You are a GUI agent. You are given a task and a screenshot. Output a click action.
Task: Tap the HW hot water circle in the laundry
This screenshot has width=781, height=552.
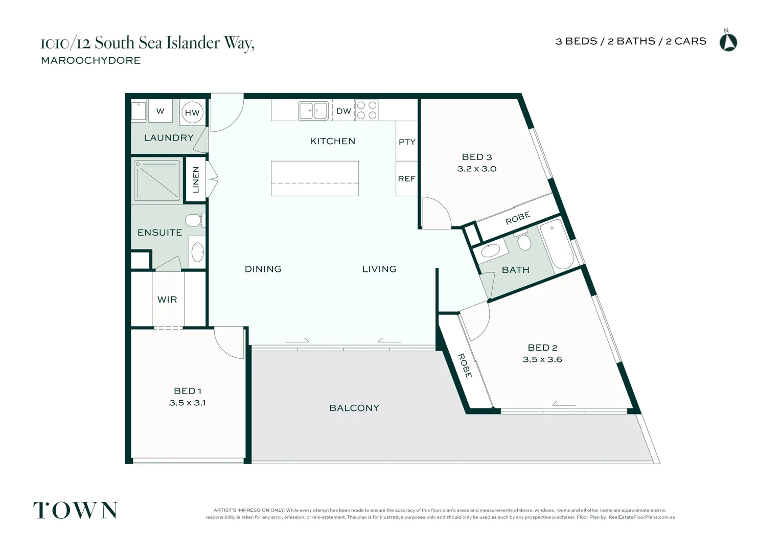coord(192,112)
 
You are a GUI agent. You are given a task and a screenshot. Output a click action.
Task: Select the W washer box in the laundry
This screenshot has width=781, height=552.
coord(160,111)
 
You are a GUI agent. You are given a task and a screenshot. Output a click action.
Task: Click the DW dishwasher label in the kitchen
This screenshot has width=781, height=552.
coord(343,111)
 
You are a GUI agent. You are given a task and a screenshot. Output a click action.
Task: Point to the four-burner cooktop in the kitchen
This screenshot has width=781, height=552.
coord(366,110)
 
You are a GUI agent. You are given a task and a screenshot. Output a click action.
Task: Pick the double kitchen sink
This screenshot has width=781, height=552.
coord(313,110)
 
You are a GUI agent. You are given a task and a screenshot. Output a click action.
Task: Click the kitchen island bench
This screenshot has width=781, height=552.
coord(315,178)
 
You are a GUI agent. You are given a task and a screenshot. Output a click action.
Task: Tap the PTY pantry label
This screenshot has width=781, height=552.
coord(407,142)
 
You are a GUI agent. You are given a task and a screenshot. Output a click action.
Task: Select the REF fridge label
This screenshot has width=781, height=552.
coord(406,178)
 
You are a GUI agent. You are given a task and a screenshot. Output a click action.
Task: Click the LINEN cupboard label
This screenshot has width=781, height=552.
coord(196,179)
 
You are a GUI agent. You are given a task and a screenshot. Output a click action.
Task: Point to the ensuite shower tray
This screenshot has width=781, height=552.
coord(157,180)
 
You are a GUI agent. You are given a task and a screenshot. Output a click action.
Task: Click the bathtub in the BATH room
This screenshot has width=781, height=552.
coord(557,244)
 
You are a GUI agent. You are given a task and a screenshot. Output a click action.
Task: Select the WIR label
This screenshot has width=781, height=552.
coord(167,300)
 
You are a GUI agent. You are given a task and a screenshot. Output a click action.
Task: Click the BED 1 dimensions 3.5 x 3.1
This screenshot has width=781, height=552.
coord(187,403)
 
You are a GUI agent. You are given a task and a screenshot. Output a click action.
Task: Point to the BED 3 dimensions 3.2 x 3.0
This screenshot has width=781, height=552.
coord(476,169)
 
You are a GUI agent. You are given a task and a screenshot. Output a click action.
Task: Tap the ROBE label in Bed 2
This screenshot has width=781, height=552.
coord(465,366)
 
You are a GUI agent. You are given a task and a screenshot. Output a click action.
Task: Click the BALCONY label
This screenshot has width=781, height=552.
coord(354,408)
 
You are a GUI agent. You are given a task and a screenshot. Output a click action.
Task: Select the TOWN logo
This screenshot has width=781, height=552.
coord(76,511)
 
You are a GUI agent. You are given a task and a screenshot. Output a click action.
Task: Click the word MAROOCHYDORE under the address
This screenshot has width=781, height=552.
coord(91,60)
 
